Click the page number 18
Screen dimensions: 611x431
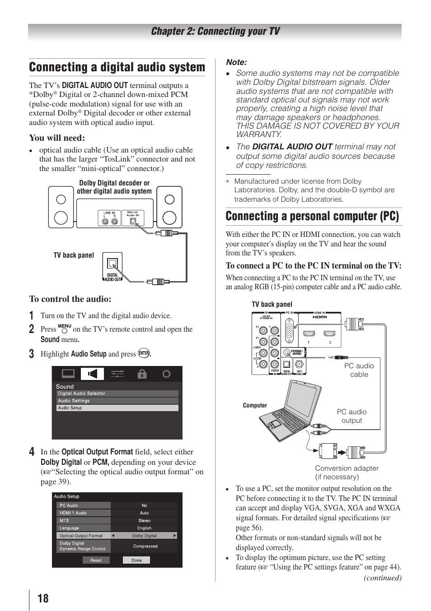43,598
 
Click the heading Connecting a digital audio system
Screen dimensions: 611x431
117,67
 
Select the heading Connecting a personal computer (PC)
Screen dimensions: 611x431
312,216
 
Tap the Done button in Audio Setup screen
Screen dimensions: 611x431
136,560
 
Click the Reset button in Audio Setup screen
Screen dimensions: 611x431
96,560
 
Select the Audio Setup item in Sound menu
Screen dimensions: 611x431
117,408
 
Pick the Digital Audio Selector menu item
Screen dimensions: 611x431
117,393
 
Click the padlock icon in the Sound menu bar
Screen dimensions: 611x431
142,374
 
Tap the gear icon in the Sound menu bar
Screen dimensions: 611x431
166,374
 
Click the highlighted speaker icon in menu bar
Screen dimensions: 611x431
92,374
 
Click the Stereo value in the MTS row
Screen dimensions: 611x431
144,520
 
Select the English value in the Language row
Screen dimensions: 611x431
144,528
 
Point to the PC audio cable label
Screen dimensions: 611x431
359,370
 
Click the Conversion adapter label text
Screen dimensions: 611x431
347,468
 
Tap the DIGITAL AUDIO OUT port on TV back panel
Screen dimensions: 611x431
112,264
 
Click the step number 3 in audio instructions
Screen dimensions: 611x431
32,354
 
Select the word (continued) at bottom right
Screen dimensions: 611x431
382,578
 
